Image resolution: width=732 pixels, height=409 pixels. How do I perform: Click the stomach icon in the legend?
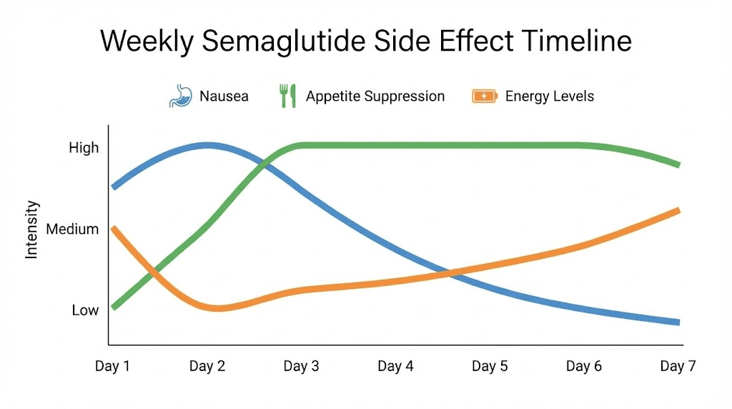coord(180,96)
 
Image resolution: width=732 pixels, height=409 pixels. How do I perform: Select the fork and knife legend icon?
coord(287,96)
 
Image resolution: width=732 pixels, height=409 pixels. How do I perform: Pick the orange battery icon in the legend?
coord(485,96)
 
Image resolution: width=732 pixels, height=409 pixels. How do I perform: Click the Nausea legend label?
coord(224,96)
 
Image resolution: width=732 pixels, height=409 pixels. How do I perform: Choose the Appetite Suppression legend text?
coord(375,96)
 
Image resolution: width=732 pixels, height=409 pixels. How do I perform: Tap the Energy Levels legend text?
coord(549,96)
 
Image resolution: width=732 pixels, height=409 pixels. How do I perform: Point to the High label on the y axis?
coord(84,148)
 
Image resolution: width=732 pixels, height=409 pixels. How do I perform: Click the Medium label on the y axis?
coord(71,230)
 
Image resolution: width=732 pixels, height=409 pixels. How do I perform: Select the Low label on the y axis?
coord(85,310)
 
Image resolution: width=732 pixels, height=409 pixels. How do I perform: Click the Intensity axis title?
coord(31,230)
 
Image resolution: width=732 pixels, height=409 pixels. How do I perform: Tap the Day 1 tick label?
coord(113,366)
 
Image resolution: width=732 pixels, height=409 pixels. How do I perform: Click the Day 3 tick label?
coord(301,366)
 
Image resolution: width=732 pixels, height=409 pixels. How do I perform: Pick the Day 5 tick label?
coord(490,366)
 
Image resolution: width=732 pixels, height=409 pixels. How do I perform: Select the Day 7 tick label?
coord(678,366)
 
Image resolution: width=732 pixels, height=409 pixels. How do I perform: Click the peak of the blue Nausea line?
coord(207,145)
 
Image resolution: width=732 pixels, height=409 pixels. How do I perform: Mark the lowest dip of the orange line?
coord(217,308)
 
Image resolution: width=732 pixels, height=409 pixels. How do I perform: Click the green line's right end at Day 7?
coord(677,164)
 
